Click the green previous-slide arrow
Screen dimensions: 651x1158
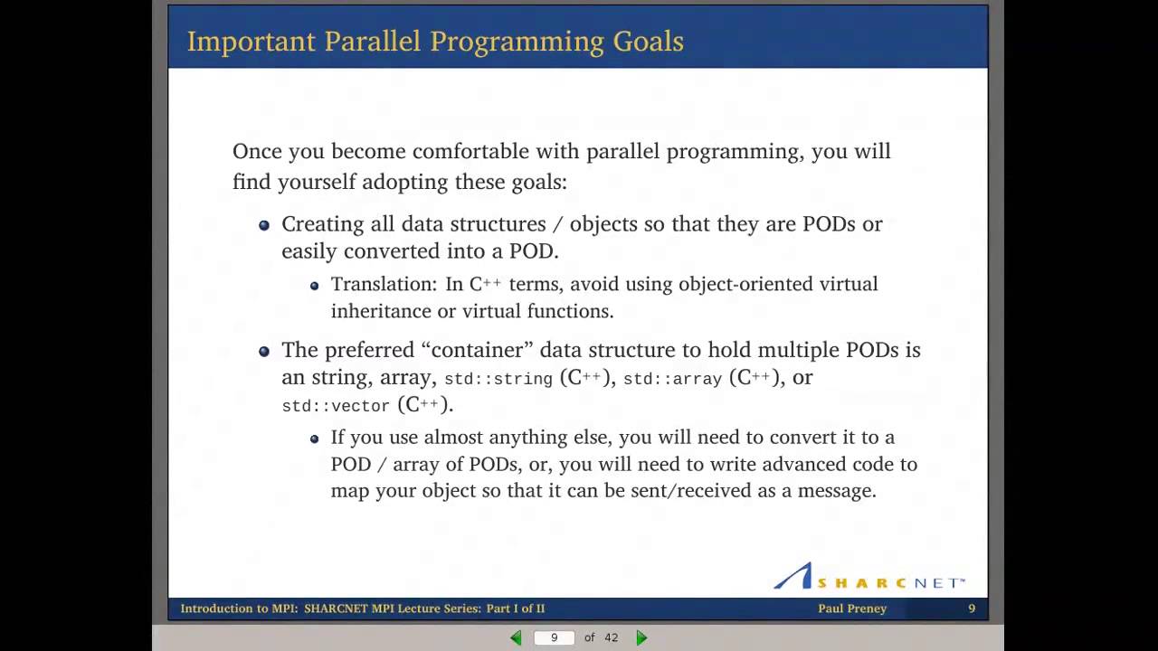pyautogui.click(x=516, y=637)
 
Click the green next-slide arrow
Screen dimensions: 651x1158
pyautogui.click(x=641, y=637)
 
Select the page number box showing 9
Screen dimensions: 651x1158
pyautogui.click(x=555, y=637)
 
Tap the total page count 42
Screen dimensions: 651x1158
pyautogui.click(x=611, y=637)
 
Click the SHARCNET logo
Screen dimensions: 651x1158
pyautogui.click(x=868, y=577)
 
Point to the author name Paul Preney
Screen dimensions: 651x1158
pyautogui.click(x=852, y=609)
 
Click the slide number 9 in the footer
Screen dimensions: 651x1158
pyautogui.click(x=972, y=609)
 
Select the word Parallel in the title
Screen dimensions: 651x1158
pyautogui.click(x=373, y=42)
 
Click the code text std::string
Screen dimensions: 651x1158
pyautogui.click(x=498, y=379)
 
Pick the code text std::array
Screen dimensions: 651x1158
pyautogui.click(x=672, y=379)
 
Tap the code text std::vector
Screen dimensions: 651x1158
pyautogui.click(x=336, y=407)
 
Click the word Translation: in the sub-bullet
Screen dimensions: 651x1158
pyautogui.click(x=384, y=284)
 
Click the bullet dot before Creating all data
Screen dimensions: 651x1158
pyautogui.click(x=264, y=225)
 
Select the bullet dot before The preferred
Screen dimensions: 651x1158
pyautogui.click(x=264, y=351)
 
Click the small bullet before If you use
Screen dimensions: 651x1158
pyautogui.click(x=314, y=439)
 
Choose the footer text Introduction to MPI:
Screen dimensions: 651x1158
pyautogui.click(x=239, y=609)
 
